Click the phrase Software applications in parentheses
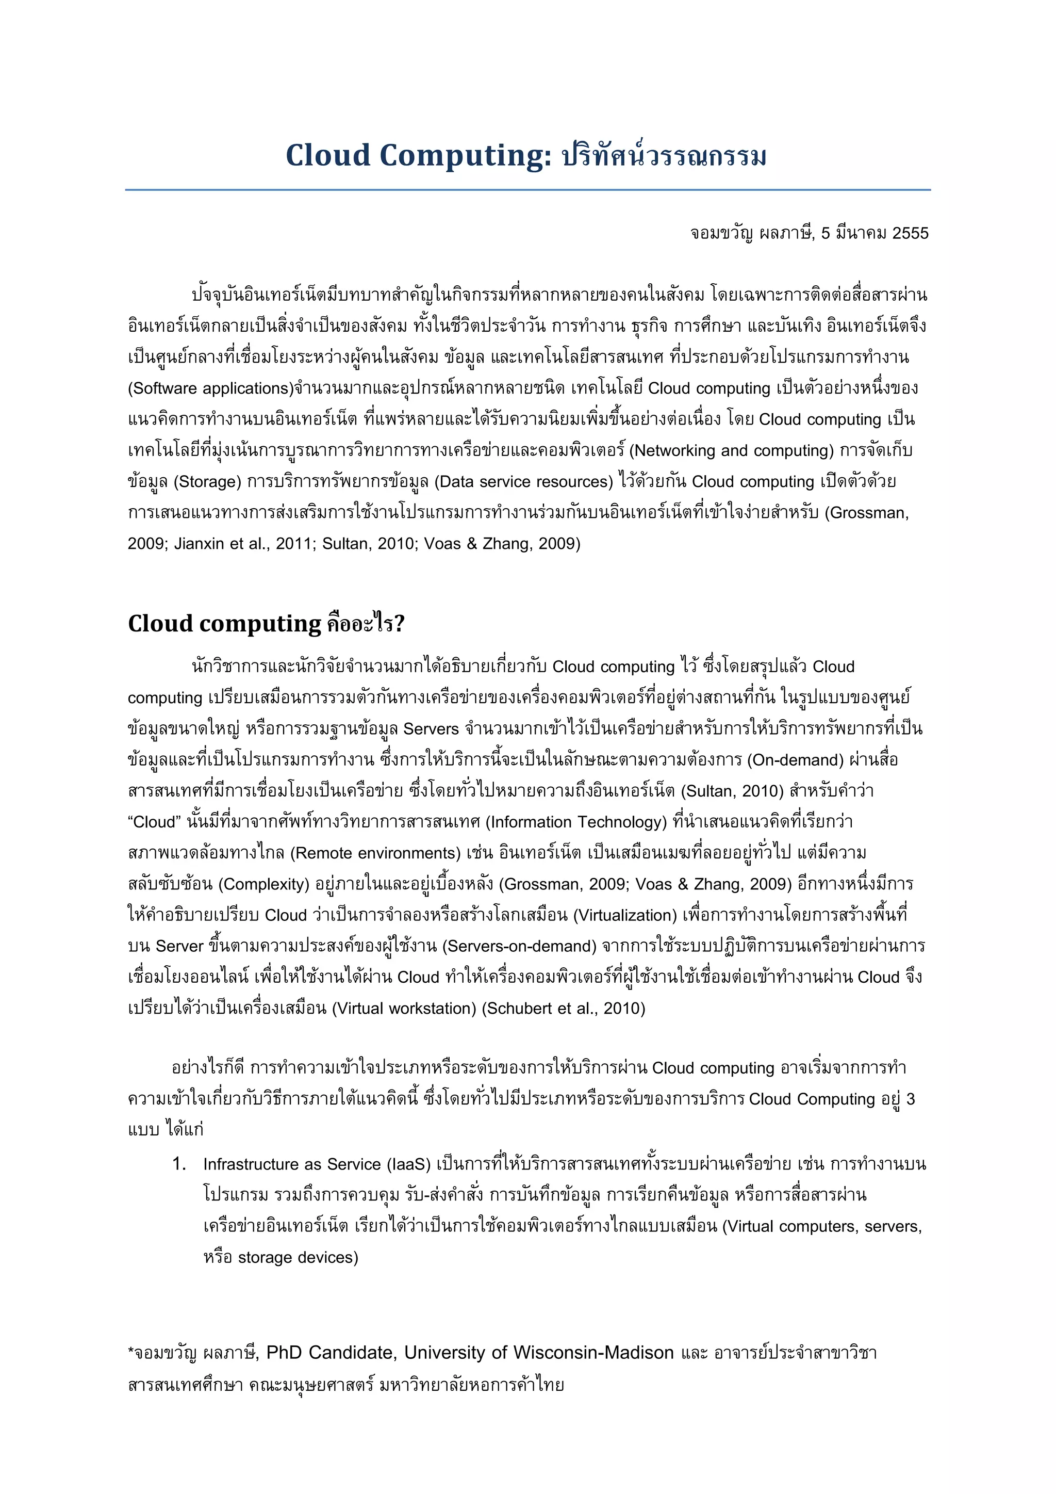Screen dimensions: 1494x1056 coord(211,388)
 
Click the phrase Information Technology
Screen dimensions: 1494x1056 coord(576,822)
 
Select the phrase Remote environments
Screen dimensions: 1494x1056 coord(376,853)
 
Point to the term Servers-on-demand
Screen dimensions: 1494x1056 coord(519,946)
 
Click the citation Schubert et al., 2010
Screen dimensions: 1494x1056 coord(563,1009)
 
